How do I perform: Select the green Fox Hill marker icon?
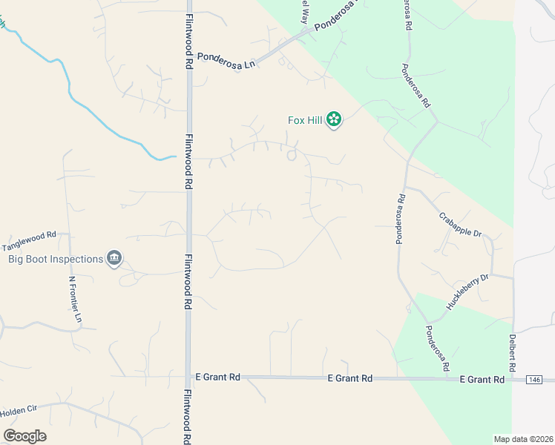click(x=334, y=119)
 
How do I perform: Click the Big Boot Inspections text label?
click(x=55, y=259)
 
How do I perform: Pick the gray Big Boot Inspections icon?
click(x=114, y=259)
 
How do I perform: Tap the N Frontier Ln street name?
click(x=76, y=299)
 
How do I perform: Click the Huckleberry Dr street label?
click(x=467, y=291)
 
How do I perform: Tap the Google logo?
click(x=24, y=435)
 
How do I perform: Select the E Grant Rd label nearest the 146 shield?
click(x=482, y=379)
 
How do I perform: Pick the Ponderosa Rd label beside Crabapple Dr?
click(x=400, y=219)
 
